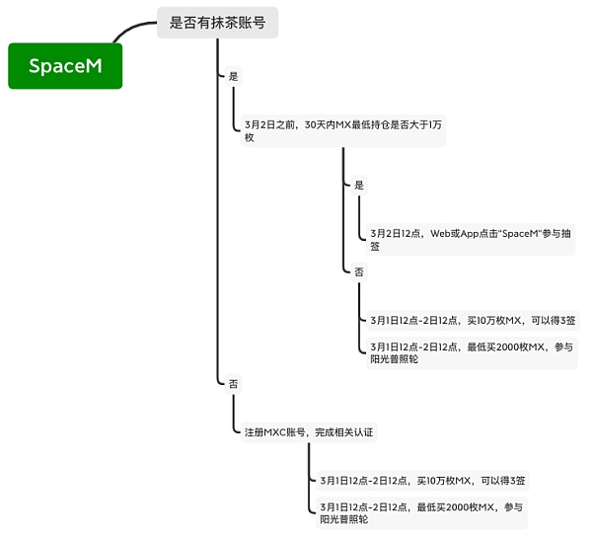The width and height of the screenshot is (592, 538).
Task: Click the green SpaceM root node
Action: pos(65,66)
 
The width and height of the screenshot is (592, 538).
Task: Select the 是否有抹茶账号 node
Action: pos(217,23)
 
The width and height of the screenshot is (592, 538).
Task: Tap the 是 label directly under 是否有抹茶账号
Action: pos(233,76)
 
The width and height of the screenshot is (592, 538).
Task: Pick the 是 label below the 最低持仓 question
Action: pos(359,185)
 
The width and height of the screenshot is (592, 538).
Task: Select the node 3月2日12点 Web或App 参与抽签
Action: pos(470,240)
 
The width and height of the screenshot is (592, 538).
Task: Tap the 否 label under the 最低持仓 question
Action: pos(359,271)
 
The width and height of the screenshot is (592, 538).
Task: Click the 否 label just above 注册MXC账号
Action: pos(233,382)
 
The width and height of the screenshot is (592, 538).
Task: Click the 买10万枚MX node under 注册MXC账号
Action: pos(422,481)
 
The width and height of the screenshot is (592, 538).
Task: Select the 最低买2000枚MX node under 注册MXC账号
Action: pos(422,512)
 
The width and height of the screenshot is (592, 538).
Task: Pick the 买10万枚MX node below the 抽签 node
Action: pos(473,320)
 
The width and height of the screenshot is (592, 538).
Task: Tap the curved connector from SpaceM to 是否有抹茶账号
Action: pos(132,30)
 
